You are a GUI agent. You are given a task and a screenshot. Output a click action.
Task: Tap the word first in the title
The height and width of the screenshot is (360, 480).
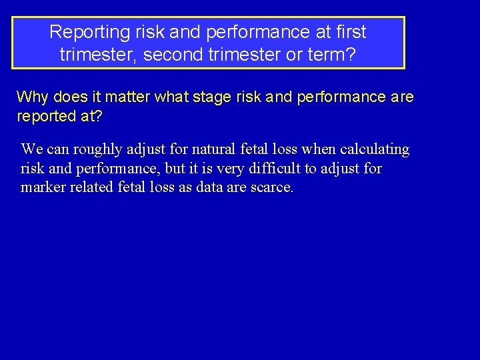(347, 32)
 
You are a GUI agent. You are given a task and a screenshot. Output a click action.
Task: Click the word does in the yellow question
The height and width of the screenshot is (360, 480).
(69, 97)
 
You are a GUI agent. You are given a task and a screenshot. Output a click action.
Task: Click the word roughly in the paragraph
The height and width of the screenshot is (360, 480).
(98, 149)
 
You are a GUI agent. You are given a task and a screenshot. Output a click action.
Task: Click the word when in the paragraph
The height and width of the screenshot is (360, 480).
(319, 149)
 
